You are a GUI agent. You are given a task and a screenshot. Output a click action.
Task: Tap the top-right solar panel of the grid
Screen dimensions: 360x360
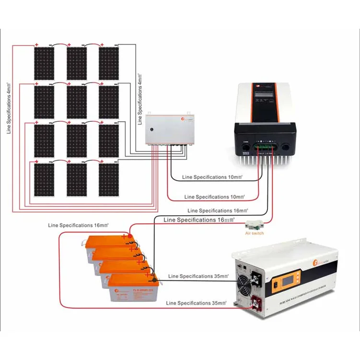pos(109,63)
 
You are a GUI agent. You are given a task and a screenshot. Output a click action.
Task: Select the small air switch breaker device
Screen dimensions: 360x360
pos(254,224)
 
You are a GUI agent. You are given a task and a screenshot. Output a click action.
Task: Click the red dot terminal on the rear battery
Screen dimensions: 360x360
pos(126,236)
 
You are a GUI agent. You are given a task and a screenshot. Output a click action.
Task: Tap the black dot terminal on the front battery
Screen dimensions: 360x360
pos(154,278)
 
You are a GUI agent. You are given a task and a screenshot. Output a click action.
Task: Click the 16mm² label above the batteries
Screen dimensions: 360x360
pos(75,225)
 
